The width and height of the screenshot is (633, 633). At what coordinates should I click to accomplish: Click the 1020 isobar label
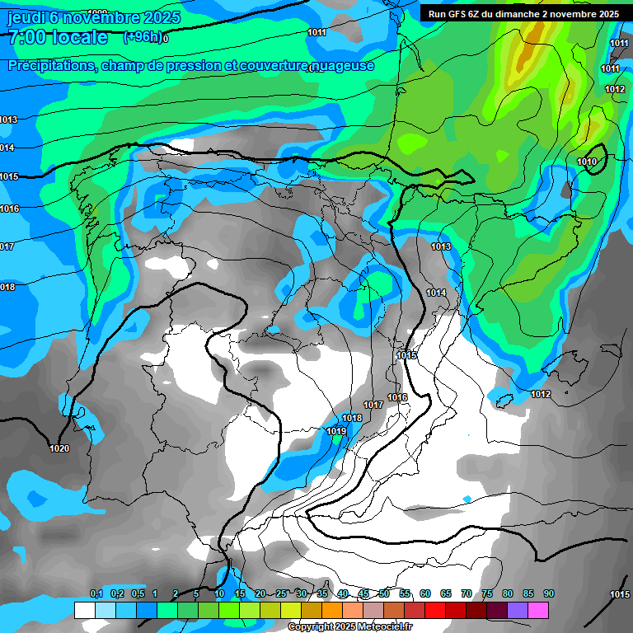(x=59, y=448)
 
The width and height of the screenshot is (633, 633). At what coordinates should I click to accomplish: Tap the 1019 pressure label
(x=336, y=431)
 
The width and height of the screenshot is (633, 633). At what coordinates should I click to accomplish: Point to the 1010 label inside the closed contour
(x=587, y=162)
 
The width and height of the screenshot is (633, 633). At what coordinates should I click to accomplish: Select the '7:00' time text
(x=26, y=38)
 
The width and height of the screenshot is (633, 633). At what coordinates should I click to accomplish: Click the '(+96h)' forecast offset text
(x=143, y=37)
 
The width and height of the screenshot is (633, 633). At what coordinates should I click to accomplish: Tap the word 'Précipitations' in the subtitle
(x=50, y=66)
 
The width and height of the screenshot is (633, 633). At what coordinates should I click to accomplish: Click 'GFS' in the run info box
(x=467, y=14)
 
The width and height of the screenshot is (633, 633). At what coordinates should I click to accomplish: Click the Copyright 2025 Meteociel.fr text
(x=351, y=627)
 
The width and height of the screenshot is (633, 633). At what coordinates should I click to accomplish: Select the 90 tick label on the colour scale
(x=549, y=593)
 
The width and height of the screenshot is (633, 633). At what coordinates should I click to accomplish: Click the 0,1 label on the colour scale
(x=96, y=593)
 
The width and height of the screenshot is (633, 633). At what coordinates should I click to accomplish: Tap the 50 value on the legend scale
(x=384, y=593)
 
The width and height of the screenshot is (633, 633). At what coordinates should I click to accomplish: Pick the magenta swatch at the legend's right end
(x=538, y=610)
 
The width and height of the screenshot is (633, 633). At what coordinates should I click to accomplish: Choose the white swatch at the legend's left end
(x=85, y=610)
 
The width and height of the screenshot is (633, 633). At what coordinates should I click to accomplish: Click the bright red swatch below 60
(x=435, y=610)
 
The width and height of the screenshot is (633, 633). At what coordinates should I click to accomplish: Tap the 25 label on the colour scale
(x=281, y=593)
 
